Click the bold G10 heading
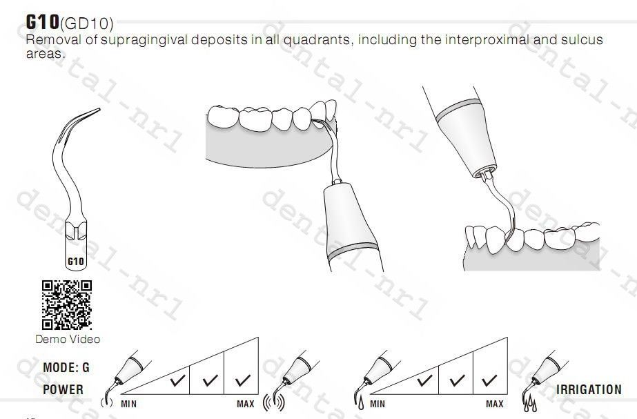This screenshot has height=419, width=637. tap(42, 21)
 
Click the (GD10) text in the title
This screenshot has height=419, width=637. tap(86, 24)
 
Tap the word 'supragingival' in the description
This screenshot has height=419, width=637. tap(144, 40)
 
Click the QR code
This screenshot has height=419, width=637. tap(67, 305)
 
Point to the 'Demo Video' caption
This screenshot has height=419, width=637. tap(68, 339)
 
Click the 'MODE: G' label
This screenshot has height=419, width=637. tap(66, 367)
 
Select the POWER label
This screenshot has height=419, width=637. tap(63, 389)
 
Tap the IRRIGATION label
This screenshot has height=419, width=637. tap(589, 390)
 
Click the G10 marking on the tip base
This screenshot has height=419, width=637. tap(75, 262)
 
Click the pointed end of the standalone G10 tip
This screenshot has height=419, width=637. tap(99, 108)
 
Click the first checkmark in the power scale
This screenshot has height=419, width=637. tap(177, 380)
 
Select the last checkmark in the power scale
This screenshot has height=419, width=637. tap(242, 380)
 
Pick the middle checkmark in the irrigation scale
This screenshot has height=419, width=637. tap(457, 380)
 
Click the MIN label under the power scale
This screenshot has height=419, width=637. tap(129, 404)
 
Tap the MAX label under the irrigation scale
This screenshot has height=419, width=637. tap(494, 404)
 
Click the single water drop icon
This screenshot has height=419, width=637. tap(361, 403)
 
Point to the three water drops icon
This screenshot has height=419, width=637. tap(529, 404)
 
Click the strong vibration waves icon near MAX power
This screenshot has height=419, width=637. tap(274, 402)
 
